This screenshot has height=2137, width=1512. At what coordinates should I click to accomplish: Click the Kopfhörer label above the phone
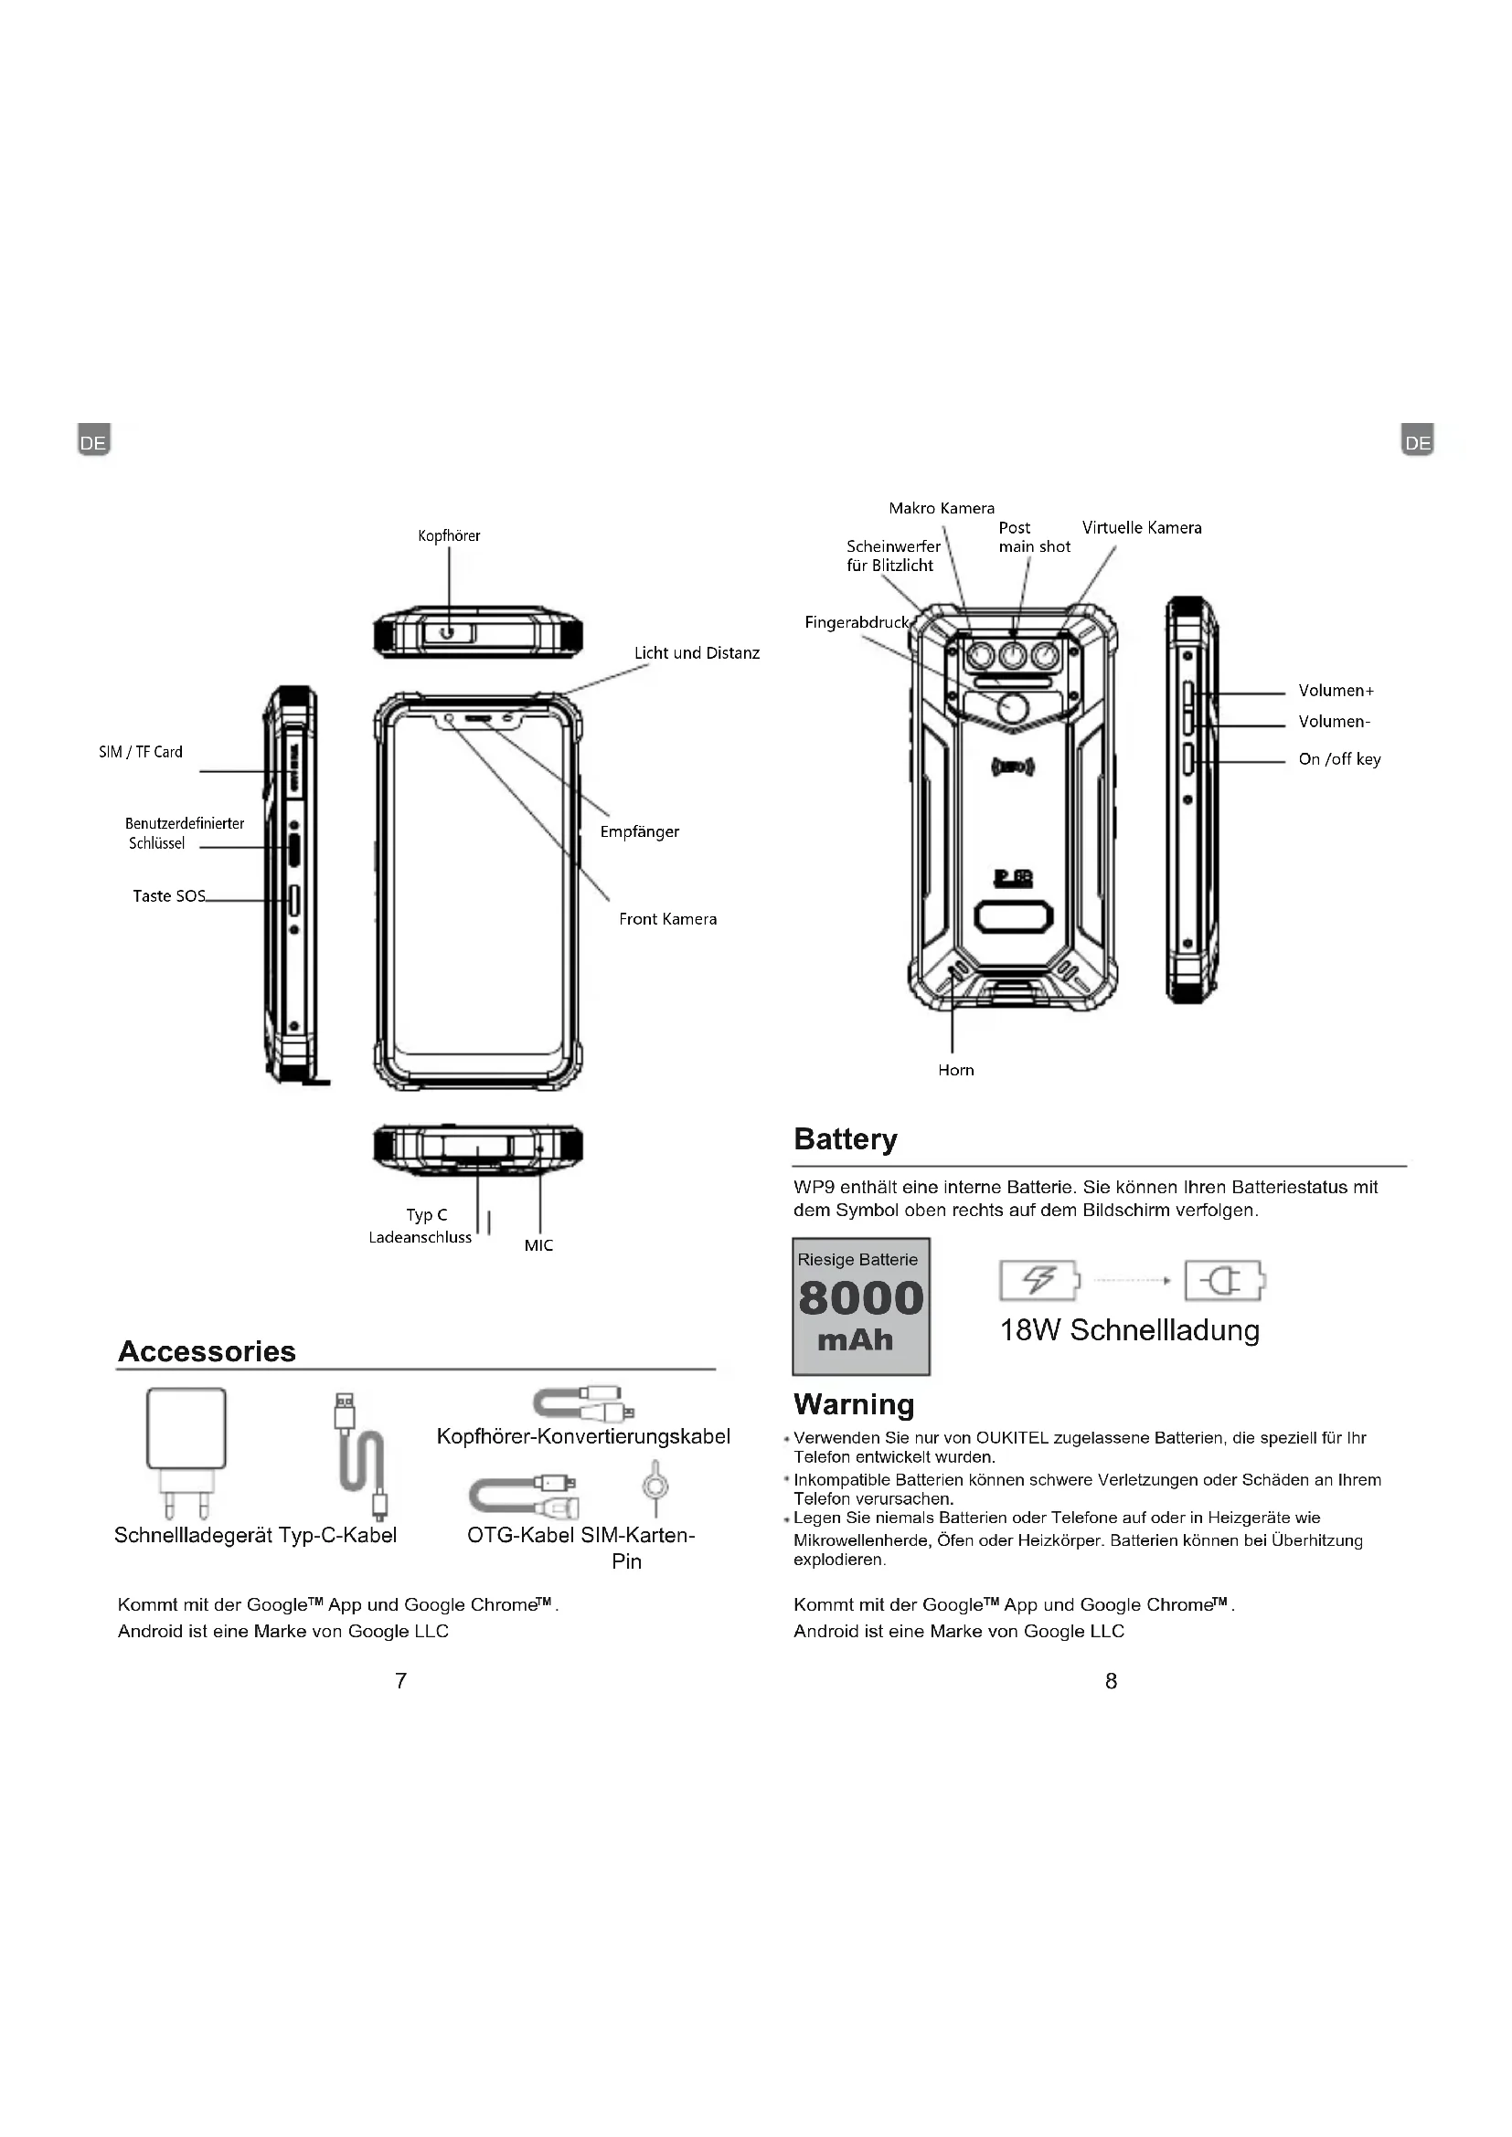(x=449, y=535)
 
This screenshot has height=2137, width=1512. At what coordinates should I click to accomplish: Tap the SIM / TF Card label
(x=141, y=752)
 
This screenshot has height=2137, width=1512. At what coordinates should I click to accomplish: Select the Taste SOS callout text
(x=168, y=896)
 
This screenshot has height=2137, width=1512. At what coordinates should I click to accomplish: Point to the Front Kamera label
(x=667, y=920)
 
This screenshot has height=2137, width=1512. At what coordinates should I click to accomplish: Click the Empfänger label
(x=640, y=832)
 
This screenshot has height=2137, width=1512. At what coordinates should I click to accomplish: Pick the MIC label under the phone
(x=538, y=1245)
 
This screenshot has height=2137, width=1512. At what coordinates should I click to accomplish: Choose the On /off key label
(x=1339, y=759)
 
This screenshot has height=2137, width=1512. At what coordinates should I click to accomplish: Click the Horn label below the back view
(x=956, y=1071)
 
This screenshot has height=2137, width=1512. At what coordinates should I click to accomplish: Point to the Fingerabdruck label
(x=856, y=623)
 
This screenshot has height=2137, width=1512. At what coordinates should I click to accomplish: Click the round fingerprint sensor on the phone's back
(x=1013, y=708)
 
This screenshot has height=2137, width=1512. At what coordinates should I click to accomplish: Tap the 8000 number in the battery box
(x=860, y=1299)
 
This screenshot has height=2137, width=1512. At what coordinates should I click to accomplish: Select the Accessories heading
(x=207, y=1351)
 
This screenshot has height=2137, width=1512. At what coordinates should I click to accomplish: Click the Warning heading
(x=854, y=1404)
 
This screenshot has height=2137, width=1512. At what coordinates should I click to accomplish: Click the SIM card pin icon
(x=655, y=1486)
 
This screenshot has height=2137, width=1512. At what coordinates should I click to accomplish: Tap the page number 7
(x=400, y=1681)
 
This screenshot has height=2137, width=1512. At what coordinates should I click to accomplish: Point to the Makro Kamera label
(x=942, y=508)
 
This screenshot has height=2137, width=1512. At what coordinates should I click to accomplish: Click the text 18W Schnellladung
(x=1129, y=1330)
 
